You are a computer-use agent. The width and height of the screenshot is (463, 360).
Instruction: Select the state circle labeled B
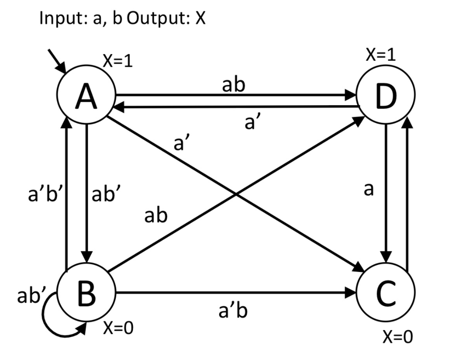click(86, 294)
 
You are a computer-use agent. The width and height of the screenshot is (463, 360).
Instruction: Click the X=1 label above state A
click(118, 62)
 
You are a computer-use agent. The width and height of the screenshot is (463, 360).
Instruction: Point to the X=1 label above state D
click(381, 55)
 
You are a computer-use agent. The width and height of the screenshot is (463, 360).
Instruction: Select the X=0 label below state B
click(118, 328)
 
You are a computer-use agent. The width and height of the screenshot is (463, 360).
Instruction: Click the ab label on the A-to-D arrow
click(233, 85)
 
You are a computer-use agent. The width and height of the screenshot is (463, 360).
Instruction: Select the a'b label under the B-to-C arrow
click(233, 311)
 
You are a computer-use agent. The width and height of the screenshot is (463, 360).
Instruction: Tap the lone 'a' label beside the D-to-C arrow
click(369, 189)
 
